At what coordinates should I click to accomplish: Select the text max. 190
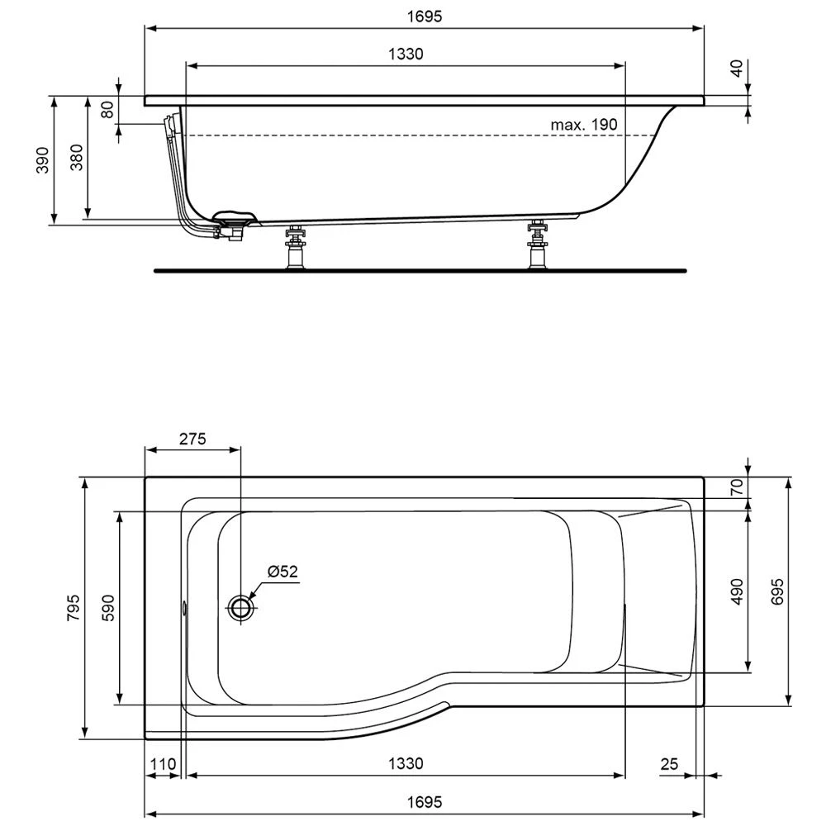coord(584,125)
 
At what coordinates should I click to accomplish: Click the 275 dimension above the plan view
coord(192,439)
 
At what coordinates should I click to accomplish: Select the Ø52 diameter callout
coord(282,571)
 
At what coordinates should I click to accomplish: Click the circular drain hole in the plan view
coord(241,609)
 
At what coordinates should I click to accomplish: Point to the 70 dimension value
coord(738,487)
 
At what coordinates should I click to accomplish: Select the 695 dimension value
coord(777,591)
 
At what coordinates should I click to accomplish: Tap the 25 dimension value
coord(669,765)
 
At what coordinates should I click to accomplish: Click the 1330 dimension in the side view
coord(406,55)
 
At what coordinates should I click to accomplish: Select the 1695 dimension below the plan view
coord(425,802)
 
